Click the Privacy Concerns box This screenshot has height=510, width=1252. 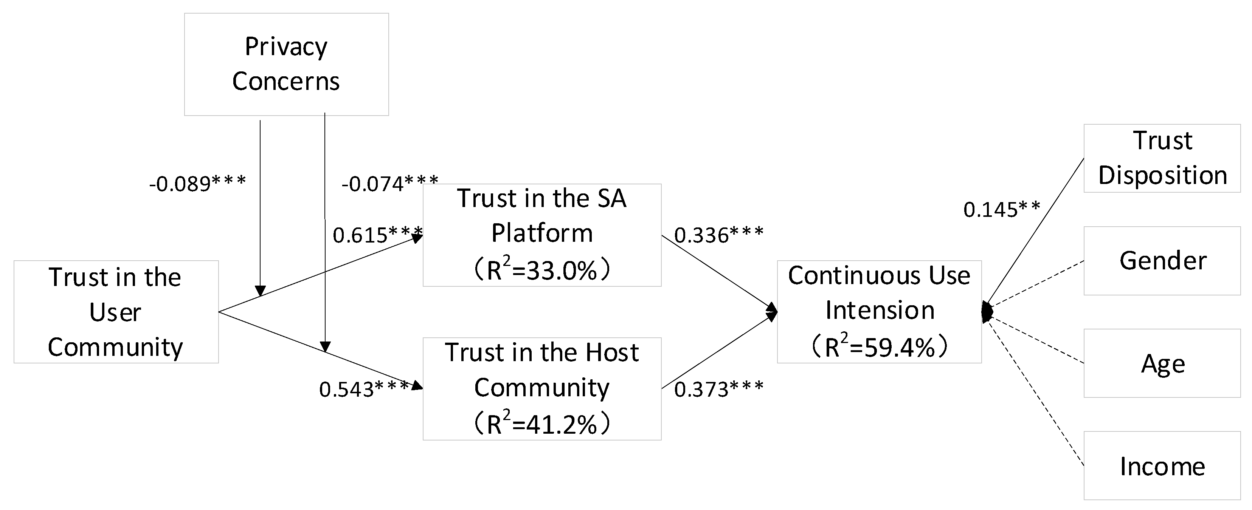point(286,64)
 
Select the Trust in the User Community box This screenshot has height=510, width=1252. point(116,312)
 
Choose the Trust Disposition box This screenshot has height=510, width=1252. point(1162,158)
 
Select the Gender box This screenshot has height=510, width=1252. point(1162,261)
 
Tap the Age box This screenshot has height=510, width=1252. point(1162,363)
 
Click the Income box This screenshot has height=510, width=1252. point(1162,466)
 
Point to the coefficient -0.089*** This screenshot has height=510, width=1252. point(197,184)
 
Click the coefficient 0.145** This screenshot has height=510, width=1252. point(1001,210)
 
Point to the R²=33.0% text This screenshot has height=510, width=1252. point(541,270)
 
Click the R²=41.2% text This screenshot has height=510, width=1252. point(541,423)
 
